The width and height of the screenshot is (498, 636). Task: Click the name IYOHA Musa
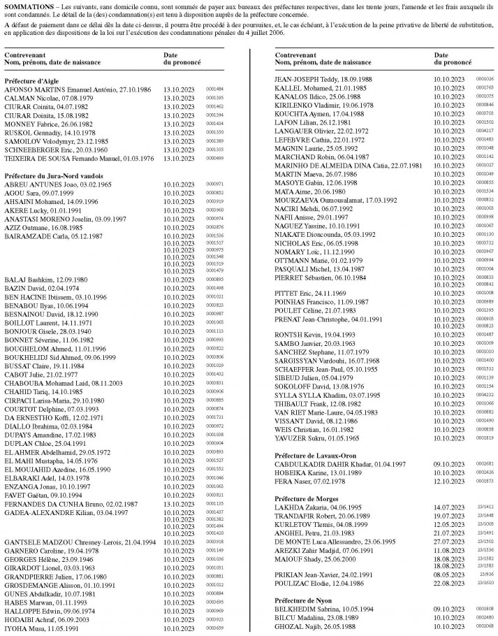point(23,628)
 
